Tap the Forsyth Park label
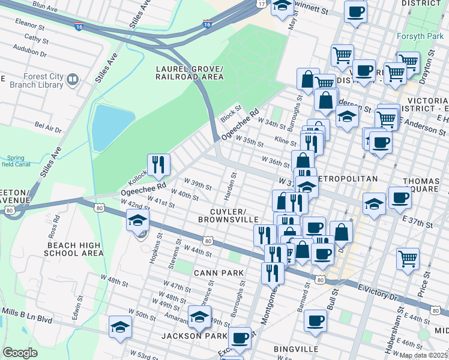click(418, 36)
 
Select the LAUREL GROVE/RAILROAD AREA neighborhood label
click(188, 73)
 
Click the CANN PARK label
click(218, 273)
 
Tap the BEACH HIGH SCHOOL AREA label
click(73, 250)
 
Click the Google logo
click(20, 353)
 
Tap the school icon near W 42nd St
click(137, 220)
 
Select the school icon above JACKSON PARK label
click(200, 316)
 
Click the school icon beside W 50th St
click(120, 327)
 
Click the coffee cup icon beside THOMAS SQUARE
click(400, 197)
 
